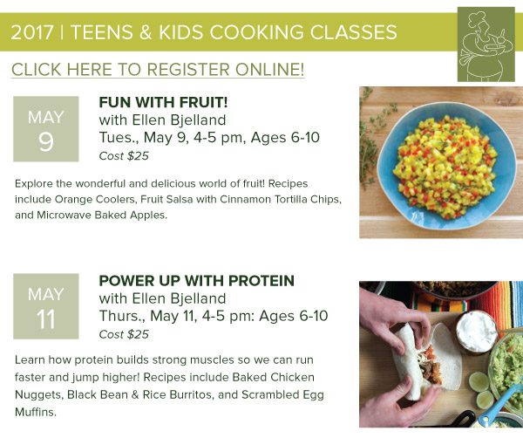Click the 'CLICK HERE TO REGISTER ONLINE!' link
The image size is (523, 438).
pyautogui.click(x=158, y=70)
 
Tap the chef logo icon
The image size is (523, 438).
pyautogui.click(x=486, y=44)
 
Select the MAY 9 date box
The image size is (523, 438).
pyautogui.click(x=46, y=129)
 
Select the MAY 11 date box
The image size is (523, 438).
pyautogui.click(x=46, y=306)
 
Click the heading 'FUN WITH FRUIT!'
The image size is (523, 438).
pyautogui.click(x=164, y=102)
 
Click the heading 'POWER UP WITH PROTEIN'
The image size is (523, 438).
pyautogui.click(x=197, y=281)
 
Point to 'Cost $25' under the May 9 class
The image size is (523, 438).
pyautogui.click(x=124, y=156)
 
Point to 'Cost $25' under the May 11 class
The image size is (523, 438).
pyautogui.click(x=124, y=334)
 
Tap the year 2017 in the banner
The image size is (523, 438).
pyautogui.click(x=31, y=32)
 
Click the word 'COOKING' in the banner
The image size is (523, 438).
pyautogui.click(x=257, y=32)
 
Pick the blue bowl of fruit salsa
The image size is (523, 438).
pyautogui.click(x=446, y=165)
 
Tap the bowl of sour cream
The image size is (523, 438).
pyautogui.click(x=476, y=332)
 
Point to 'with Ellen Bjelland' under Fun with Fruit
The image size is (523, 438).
pyautogui.click(x=162, y=120)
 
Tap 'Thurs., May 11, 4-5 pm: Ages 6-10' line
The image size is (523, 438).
pyautogui.click(x=214, y=316)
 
